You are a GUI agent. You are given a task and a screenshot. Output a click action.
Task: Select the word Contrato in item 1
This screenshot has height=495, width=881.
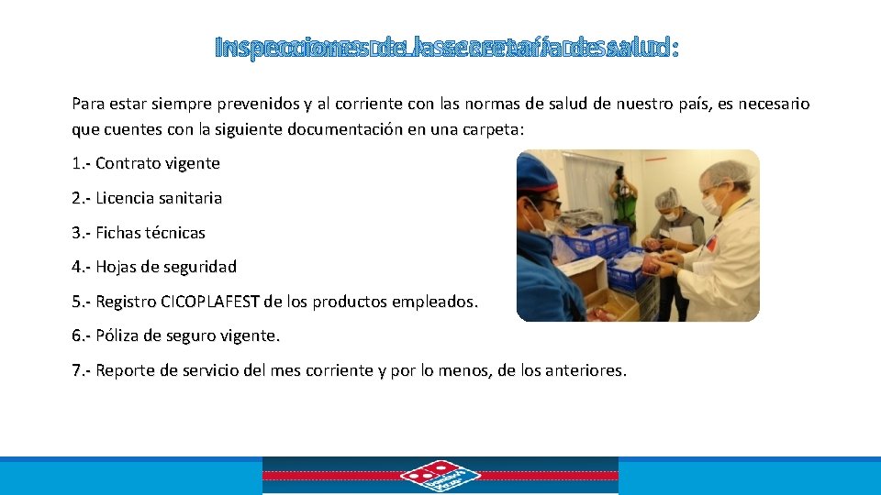click(x=126, y=164)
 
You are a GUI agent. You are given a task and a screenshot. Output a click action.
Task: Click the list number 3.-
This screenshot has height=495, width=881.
click(x=81, y=233)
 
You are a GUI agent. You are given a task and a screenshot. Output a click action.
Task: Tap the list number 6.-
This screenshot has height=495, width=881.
click(x=81, y=335)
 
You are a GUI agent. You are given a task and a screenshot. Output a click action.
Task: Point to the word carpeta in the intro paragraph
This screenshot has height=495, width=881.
click(x=491, y=130)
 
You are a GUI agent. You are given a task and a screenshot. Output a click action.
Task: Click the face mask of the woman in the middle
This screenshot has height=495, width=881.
click(x=671, y=215)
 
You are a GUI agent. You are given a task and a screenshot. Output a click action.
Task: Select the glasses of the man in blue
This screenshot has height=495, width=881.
click(x=549, y=202)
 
